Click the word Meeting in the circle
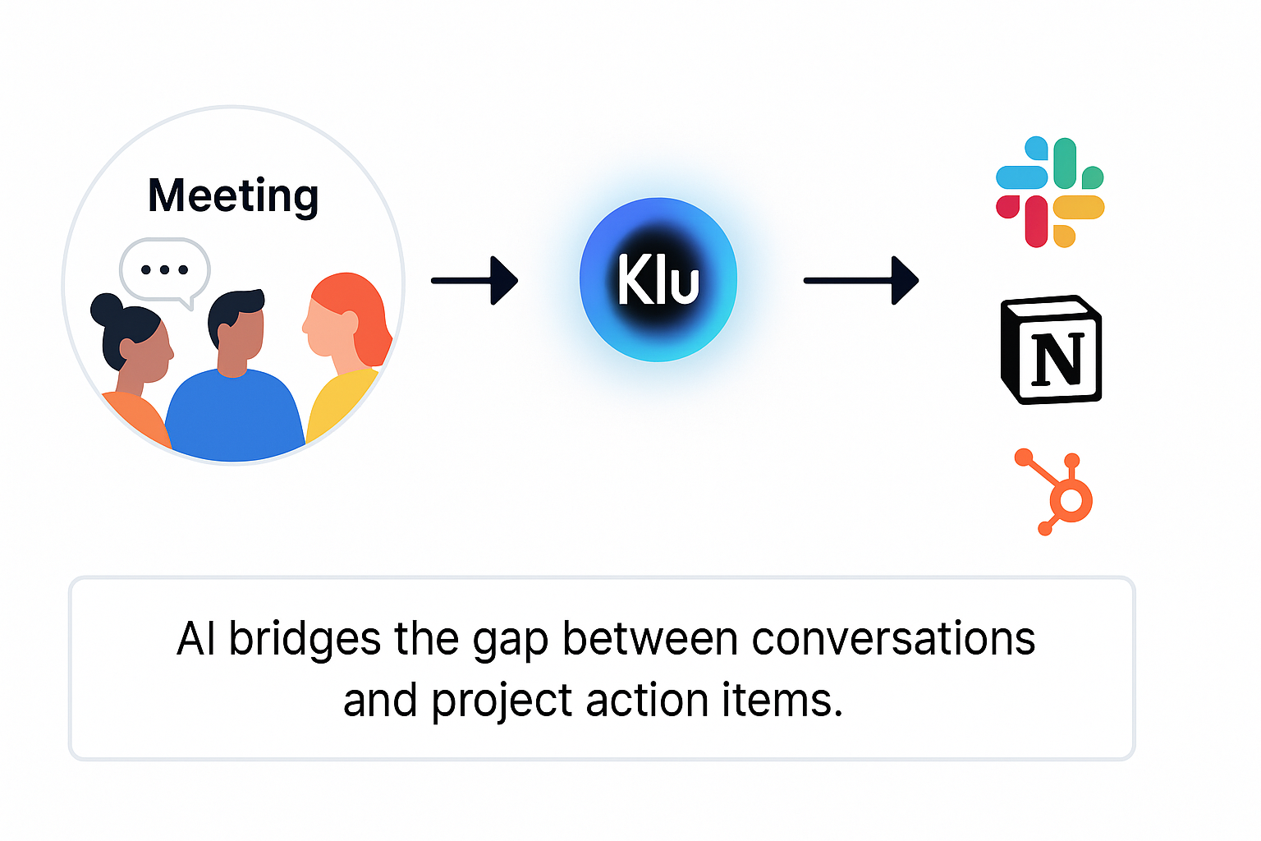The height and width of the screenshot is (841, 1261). [233, 196]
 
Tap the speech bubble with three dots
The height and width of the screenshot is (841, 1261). [164, 270]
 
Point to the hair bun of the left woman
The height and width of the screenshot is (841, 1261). [106, 310]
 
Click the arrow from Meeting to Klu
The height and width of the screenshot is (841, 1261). [474, 281]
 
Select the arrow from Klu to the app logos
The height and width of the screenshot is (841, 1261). [860, 281]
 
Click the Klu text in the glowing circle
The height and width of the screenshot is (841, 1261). [658, 280]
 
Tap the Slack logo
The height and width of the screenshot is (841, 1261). [1050, 191]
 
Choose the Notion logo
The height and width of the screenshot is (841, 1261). [1051, 350]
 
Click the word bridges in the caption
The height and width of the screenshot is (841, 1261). [305, 639]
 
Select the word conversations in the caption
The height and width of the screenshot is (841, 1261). [893, 639]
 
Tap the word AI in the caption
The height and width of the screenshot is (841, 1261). [197, 639]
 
